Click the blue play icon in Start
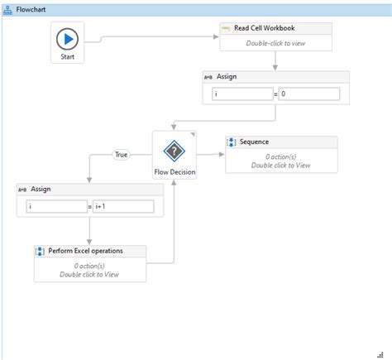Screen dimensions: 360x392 (69, 40)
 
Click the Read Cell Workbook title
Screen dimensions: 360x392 (265, 28)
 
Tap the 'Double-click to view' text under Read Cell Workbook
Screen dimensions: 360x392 (276, 42)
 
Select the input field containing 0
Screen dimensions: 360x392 (309, 94)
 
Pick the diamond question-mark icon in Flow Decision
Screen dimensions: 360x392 (174, 151)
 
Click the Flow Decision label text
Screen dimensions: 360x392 (174, 173)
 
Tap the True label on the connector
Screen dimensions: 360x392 (122, 155)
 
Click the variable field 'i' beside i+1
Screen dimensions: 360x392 (57, 206)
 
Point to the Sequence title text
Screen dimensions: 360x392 (256, 142)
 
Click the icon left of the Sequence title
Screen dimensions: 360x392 (232, 142)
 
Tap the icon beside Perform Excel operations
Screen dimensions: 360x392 (40, 251)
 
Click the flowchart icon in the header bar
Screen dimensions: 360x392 (8, 8)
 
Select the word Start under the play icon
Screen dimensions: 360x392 (69, 58)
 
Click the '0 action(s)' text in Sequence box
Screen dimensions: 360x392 (281, 156)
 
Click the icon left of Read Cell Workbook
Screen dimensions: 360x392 (226, 28)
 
